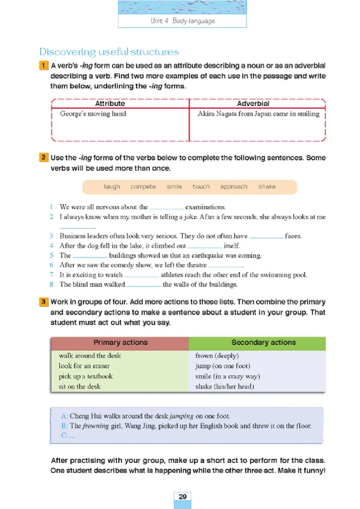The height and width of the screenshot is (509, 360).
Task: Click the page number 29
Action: pos(182,497)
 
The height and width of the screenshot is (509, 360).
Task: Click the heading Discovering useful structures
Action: pos(109,52)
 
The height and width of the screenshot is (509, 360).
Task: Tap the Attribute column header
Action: pos(110,104)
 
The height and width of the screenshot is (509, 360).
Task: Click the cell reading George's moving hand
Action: pos(93,114)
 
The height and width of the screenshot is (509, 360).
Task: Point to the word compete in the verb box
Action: pos(143,187)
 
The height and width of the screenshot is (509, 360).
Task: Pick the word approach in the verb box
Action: pos(234,187)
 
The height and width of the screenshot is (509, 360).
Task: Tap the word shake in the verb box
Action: pos(267,187)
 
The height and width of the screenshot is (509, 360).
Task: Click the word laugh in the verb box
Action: pos(112,187)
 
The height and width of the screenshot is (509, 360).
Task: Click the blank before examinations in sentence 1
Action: pos(166,208)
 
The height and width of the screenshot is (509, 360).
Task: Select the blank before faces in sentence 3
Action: pos(266,236)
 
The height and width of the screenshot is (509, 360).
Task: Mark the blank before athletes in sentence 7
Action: pos(141,275)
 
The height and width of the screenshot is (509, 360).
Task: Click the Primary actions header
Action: pos(120,343)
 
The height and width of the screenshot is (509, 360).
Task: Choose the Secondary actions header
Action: pos(263,343)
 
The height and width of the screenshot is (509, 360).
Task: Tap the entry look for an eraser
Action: pos(84,366)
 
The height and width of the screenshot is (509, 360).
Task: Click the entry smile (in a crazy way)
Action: pos(228,376)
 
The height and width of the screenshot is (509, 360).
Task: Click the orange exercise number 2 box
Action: pos(44,158)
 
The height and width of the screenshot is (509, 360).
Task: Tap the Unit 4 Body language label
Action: pos(182,21)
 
